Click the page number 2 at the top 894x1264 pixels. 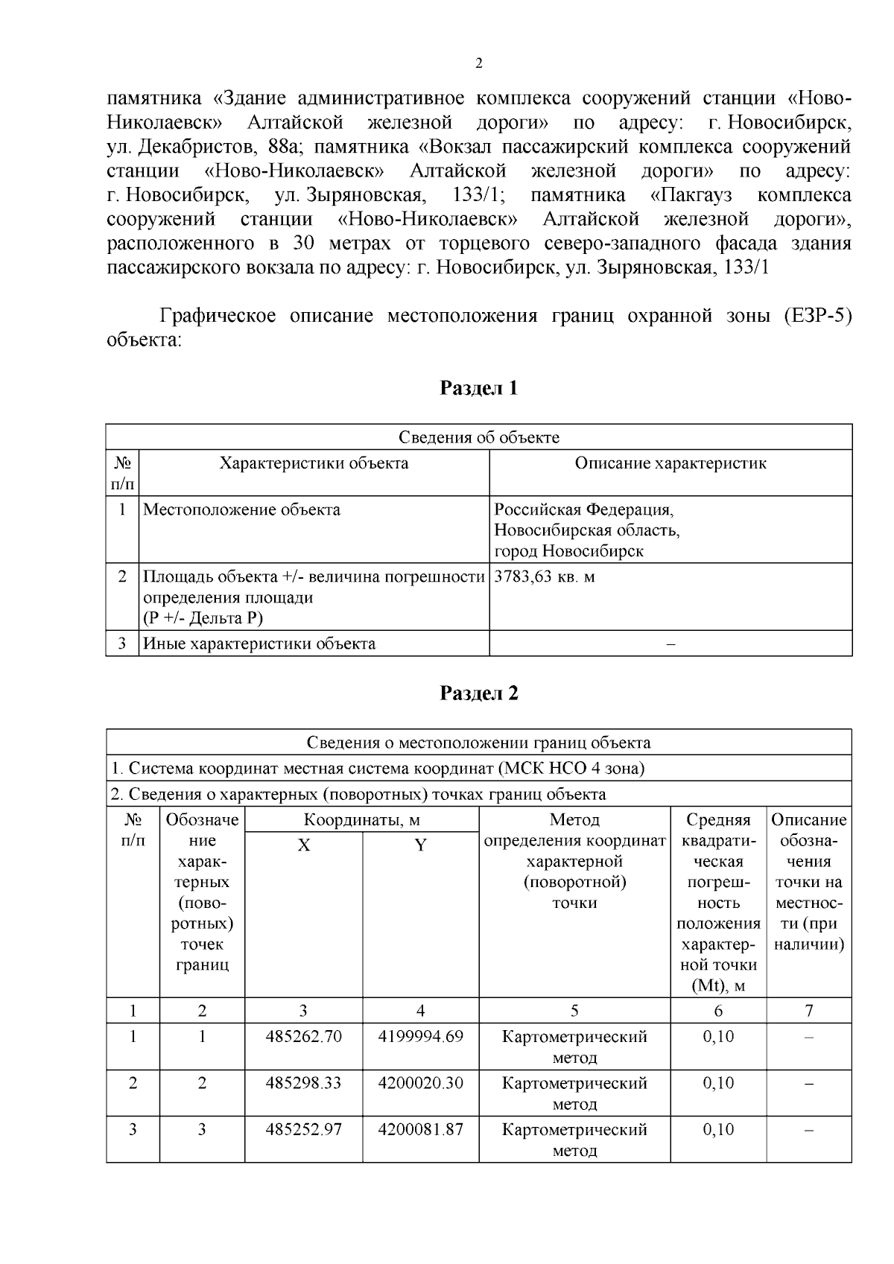pos(478,64)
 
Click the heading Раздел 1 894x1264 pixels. pos(478,388)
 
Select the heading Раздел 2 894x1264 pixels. pos(478,693)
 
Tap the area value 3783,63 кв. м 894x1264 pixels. pos(545,577)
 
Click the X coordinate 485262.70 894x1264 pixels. pos(303,1036)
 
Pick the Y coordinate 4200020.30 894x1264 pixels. pos(420,1082)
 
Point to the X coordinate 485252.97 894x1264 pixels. pos(303,1129)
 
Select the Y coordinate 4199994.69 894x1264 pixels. pos(420,1036)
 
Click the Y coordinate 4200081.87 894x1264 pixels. pos(420,1129)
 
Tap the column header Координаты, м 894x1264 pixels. pos(361,820)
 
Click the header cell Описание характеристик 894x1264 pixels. pos(670,463)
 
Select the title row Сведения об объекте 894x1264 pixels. pos(478,437)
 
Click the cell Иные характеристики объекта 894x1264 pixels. pos(259,644)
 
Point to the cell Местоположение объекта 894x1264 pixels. pos(241,510)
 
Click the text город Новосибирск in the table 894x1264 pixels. pos(569,551)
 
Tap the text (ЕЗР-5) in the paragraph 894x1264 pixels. pos(817,316)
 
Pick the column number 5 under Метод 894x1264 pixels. pos(574,1011)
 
